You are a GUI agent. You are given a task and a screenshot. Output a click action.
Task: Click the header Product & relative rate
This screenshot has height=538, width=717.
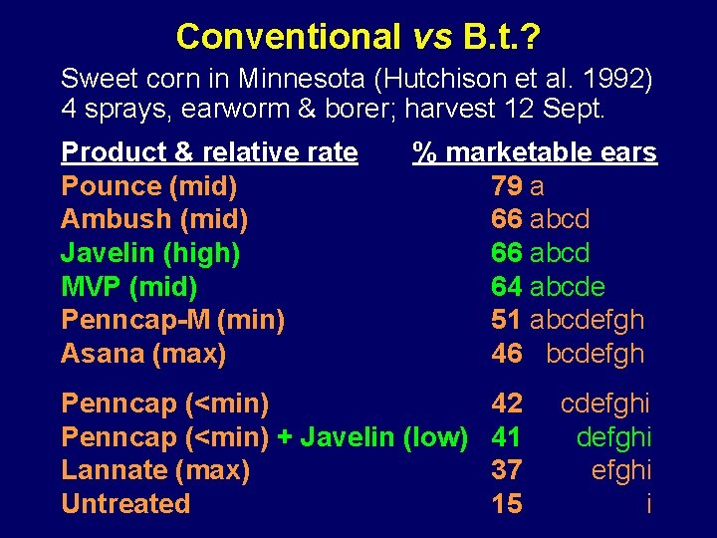pos(209,152)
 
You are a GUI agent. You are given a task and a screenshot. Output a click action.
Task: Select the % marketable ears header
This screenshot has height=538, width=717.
pos(535,152)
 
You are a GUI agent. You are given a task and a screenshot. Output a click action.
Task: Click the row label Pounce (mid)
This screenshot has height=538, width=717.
pos(148,185)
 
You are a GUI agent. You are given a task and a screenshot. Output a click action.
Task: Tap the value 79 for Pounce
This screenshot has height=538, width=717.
pos(506,185)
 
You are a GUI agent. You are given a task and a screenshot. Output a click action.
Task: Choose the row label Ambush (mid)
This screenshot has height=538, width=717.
pos(154,218)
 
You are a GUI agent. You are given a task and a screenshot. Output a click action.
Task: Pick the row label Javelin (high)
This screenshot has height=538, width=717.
pos(150,253)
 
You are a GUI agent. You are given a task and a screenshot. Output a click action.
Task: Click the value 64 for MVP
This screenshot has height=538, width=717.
pos(506,287)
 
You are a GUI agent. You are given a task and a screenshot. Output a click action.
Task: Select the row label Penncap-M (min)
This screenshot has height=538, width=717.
pos(172,320)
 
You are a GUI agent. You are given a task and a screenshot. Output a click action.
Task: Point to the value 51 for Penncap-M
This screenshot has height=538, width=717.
pos(506,320)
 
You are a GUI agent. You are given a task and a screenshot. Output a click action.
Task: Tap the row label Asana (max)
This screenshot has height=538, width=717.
pos(143,354)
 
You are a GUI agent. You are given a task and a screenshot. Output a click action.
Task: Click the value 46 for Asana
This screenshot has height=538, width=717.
pos(506,354)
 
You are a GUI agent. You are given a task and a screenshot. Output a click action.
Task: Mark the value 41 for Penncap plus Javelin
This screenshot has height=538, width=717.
pos(506,436)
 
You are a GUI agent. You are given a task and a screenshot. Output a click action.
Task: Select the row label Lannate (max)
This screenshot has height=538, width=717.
pos(155,469)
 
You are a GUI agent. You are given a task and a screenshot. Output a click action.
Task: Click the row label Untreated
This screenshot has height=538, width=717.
pos(125,503)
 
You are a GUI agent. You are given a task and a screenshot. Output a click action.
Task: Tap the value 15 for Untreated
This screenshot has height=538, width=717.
pos(506,503)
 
